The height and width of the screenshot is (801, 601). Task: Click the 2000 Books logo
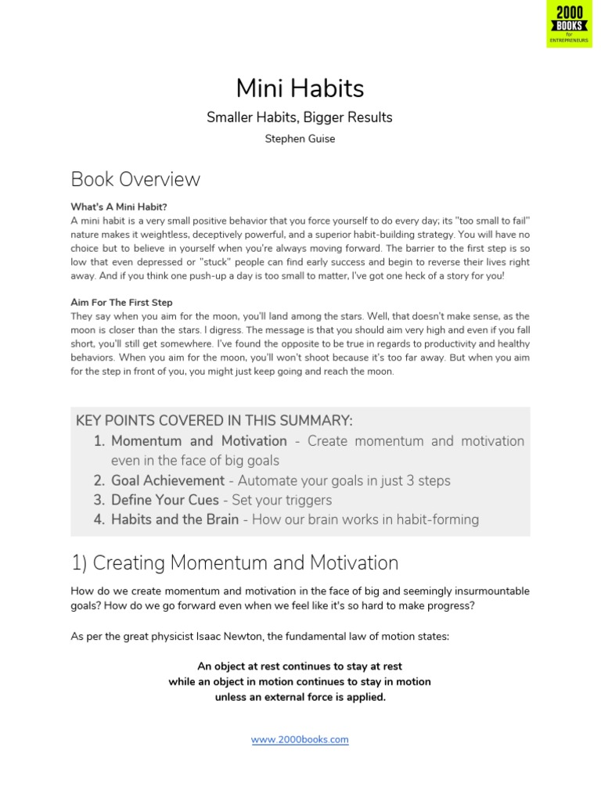[x=569, y=24]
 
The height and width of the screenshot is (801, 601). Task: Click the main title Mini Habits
[x=300, y=87]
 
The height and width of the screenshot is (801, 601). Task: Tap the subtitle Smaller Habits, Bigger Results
[x=300, y=117]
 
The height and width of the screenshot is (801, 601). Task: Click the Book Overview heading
[x=135, y=179]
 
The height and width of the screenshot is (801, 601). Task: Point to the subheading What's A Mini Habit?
[x=119, y=207]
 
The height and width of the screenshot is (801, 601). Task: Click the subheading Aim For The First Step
[x=121, y=302]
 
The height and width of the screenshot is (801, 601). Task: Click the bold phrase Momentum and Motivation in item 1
[x=199, y=441]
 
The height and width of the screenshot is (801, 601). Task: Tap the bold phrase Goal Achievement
[x=167, y=480]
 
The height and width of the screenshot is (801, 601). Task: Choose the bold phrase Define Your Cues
[x=165, y=500]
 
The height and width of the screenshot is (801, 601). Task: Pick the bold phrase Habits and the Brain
[x=175, y=519]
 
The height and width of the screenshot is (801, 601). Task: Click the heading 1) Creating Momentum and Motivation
[x=235, y=562]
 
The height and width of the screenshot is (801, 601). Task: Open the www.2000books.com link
[x=300, y=739]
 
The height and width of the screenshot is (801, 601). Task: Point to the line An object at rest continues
[x=300, y=666]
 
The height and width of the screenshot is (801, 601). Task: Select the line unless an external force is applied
[x=300, y=697]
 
